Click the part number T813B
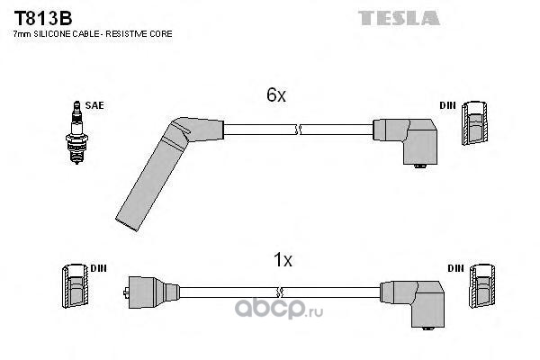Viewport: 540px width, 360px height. (x=43, y=18)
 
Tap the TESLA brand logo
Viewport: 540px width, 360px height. (x=399, y=18)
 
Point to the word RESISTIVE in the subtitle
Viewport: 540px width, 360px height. (x=127, y=34)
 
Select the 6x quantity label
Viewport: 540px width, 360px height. (x=276, y=94)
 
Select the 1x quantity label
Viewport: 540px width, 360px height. (x=283, y=259)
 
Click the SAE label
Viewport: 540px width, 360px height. (x=94, y=105)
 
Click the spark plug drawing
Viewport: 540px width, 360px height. (x=76, y=132)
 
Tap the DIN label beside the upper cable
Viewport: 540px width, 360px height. (x=447, y=105)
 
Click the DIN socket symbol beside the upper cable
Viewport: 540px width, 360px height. (x=474, y=123)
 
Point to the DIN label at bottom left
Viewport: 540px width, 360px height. (x=98, y=268)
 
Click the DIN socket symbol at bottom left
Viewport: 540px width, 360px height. (x=75, y=286)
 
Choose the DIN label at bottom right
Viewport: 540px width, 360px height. (x=456, y=268)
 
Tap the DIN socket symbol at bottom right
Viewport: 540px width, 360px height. (x=482, y=286)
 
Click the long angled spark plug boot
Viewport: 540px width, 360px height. (x=162, y=166)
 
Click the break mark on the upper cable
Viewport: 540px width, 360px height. (x=298, y=130)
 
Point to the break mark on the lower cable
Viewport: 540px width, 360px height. (x=280, y=292)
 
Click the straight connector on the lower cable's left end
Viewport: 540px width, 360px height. (x=151, y=292)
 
